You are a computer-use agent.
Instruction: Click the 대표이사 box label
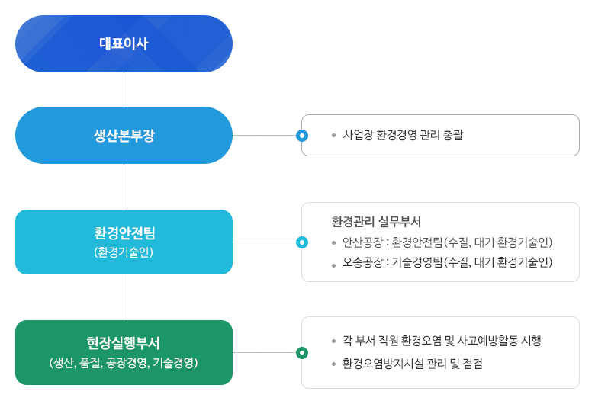pyautogui.click(x=124, y=43)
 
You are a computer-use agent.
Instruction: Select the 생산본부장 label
pyautogui.click(x=124, y=136)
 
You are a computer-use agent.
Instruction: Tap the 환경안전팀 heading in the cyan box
pyautogui.click(x=124, y=232)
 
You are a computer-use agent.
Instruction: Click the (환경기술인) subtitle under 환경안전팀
pyautogui.click(x=124, y=251)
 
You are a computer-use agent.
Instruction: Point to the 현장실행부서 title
pyautogui.click(x=124, y=342)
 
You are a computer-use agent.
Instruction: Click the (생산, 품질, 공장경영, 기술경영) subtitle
pyautogui.click(x=124, y=362)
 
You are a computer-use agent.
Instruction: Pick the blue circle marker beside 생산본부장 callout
pyautogui.click(x=302, y=136)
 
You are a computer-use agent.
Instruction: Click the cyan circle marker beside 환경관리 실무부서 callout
pyautogui.click(x=302, y=242)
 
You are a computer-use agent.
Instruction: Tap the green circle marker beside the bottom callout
pyautogui.click(x=302, y=353)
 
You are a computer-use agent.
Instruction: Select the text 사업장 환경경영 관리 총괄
pyautogui.click(x=403, y=135)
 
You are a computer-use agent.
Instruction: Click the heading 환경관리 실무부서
pyautogui.click(x=377, y=222)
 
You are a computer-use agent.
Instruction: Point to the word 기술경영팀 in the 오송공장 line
pyautogui.click(x=417, y=263)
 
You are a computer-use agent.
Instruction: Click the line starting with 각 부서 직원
pyautogui.click(x=442, y=341)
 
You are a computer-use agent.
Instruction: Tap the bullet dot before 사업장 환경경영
pyautogui.click(x=333, y=136)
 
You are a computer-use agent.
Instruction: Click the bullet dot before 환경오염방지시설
pyautogui.click(x=333, y=364)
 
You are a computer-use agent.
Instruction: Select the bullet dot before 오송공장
pyautogui.click(x=333, y=264)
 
